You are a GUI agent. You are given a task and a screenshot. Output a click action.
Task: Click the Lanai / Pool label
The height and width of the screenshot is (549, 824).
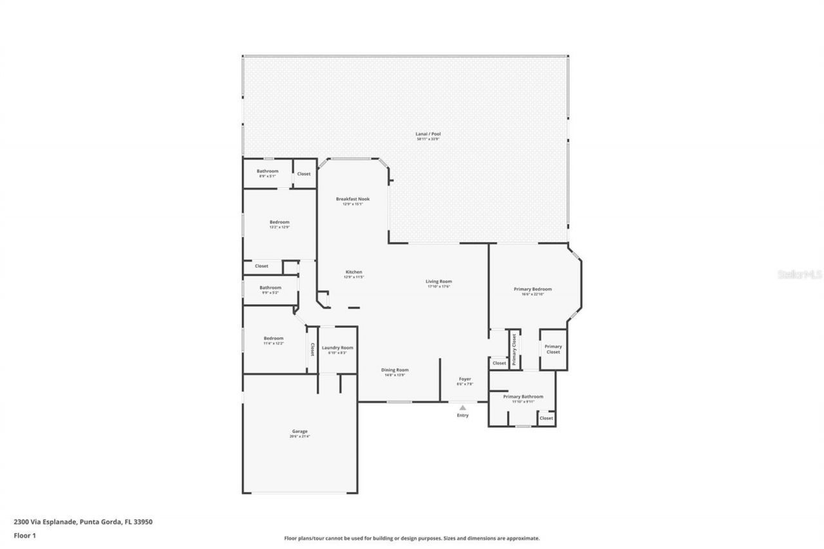point(428,135)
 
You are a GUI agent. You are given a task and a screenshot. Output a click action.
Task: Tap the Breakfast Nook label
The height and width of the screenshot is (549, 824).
point(353,200)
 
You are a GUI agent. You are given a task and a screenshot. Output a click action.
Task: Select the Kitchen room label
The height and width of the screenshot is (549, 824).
point(353,272)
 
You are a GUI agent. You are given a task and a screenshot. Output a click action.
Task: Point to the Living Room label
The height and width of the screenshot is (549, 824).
point(438,282)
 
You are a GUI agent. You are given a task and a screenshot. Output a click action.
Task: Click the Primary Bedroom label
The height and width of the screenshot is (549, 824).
point(532,290)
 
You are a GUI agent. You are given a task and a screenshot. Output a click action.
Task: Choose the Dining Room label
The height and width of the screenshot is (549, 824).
point(395,370)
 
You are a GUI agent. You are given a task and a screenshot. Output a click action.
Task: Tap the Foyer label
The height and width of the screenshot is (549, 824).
point(465,379)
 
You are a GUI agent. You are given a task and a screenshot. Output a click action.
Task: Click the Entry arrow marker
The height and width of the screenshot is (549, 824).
point(462,407)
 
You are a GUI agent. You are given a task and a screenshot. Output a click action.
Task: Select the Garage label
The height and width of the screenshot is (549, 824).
point(299,432)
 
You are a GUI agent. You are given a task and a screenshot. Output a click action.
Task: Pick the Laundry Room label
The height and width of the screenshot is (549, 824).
point(337,348)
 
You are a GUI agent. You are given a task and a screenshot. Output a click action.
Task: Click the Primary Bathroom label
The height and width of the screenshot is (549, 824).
point(523,397)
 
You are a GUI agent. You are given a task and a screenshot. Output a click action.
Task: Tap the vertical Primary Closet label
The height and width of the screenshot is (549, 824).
point(514,349)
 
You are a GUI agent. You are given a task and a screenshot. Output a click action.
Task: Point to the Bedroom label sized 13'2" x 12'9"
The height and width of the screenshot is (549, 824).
point(279,223)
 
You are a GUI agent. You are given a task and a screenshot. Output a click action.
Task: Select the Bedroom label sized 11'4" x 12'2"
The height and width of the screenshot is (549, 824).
point(273,339)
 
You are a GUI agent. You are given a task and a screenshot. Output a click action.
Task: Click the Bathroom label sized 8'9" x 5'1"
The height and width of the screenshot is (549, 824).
point(268,172)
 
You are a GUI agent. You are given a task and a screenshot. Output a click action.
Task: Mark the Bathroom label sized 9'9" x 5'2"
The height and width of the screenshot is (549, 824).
point(270,288)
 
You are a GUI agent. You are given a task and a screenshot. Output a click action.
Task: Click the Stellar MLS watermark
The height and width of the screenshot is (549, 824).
point(800,274)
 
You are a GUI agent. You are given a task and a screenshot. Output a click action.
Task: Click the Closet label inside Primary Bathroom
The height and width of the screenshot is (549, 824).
point(546,418)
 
